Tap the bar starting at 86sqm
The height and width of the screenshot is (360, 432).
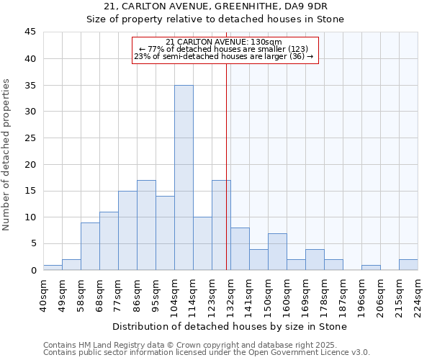pos(146,225)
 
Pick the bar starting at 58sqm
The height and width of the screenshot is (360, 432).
pos(90,246)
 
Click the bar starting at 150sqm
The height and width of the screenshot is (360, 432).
pos(277,252)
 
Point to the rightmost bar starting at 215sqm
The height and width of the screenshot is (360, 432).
pos(408,265)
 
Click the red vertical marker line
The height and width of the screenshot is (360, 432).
pos(227,166)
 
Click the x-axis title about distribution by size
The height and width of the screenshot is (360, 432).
pos(230,326)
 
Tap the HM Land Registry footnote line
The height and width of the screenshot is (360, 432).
pos(206,345)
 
